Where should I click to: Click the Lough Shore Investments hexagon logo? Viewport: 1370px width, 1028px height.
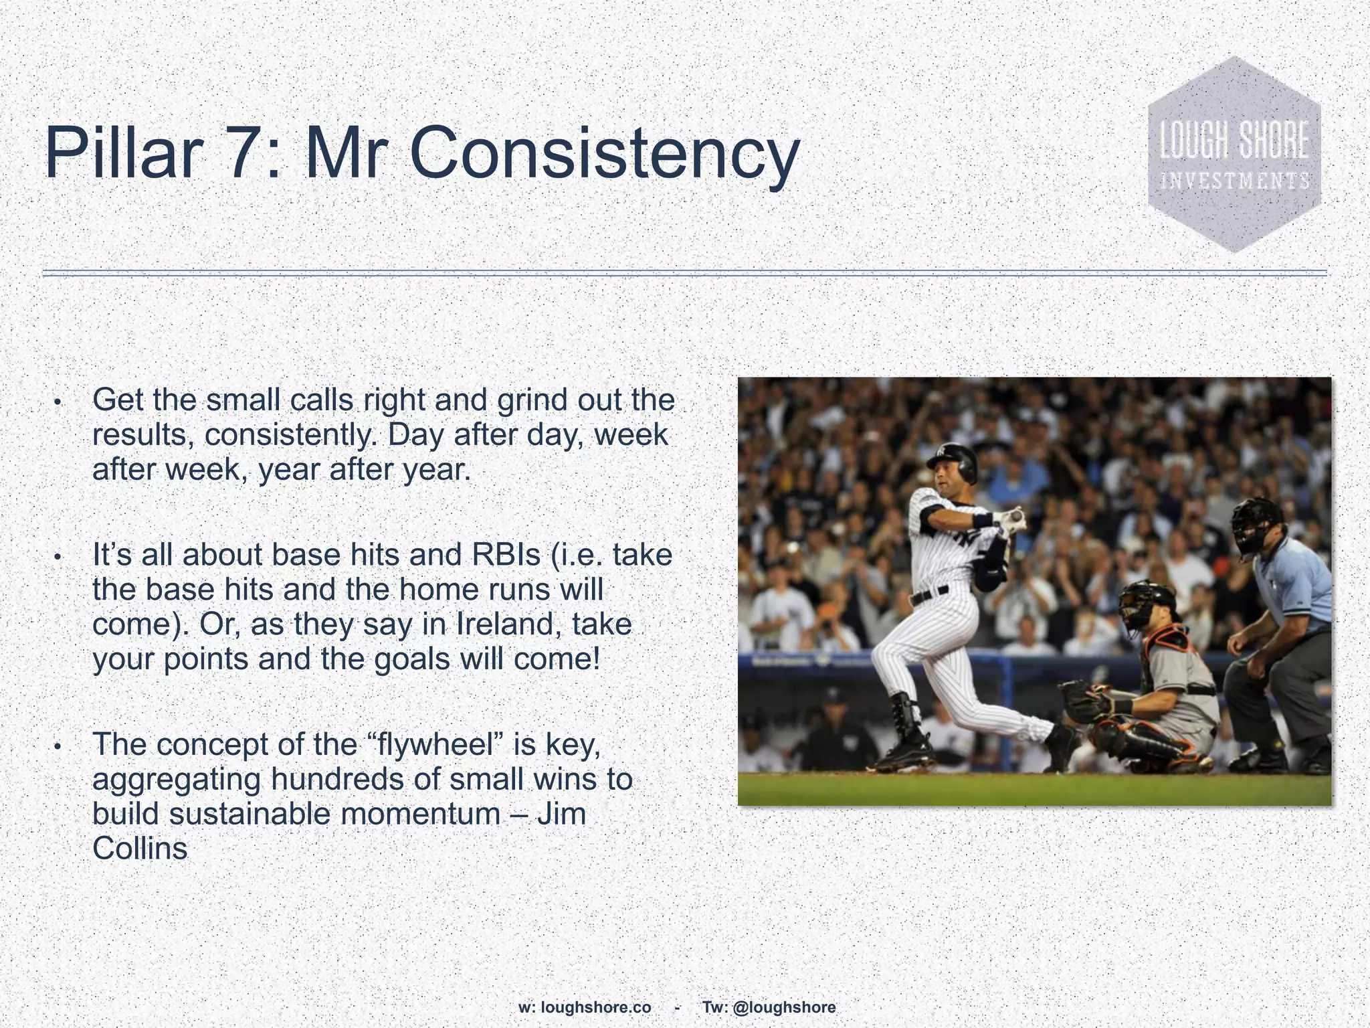(x=1234, y=155)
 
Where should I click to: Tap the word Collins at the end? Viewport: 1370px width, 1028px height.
(x=140, y=849)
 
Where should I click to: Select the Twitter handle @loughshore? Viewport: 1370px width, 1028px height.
(x=784, y=989)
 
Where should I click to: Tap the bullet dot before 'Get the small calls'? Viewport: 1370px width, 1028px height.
(x=58, y=402)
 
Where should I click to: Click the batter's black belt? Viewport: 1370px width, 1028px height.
(x=930, y=594)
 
